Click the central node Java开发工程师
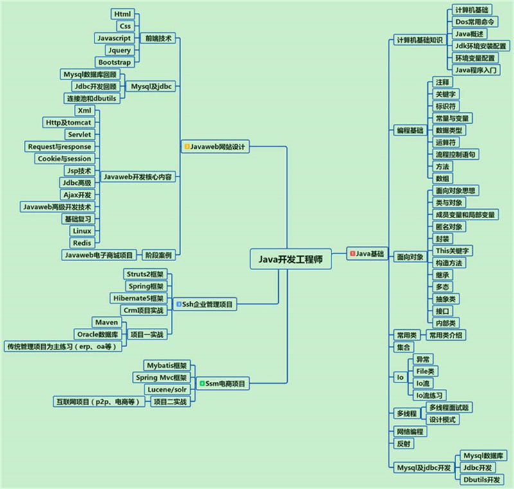pyautogui.click(x=291, y=259)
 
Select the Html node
pyautogui.click(x=123, y=14)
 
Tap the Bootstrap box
pyautogui.click(x=115, y=62)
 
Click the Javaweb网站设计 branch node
pyautogui.click(x=215, y=146)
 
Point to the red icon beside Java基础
pyautogui.click(x=353, y=253)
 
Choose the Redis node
pyautogui.click(x=82, y=243)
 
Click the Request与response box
pyautogui.click(x=60, y=146)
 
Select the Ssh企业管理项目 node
pyautogui.click(x=204, y=304)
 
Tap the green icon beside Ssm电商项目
pyautogui.click(x=202, y=383)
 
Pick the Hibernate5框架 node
pyautogui.click(x=138, y=298)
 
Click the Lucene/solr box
pyautogui.click(x=167, y=390)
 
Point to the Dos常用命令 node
pyautogui.click(x=475, y=22)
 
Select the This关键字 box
pyautogui.click(x=452, y=251)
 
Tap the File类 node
pyautogui.click(x=425, y=371)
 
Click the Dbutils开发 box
pyautogui.click(x=482, y=480)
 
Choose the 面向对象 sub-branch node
pyautogui.click(x=410, y=257)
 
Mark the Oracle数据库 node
pyautogui.click(x=98, y=334)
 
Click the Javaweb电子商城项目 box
pyautogui.click(x=99, y=255)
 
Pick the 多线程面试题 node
pyautogui.click(x=449, y=407)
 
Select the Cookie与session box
pyautogui.click(x=65, y=159)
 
